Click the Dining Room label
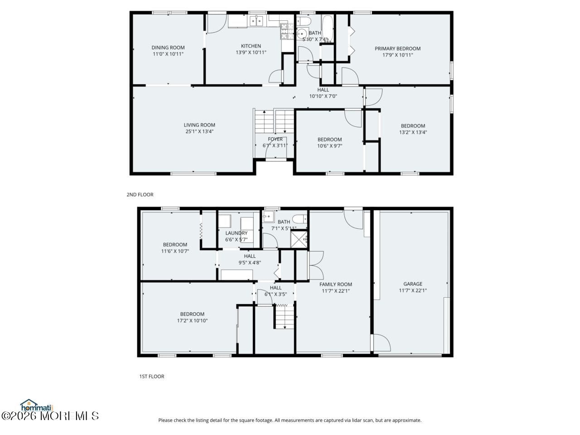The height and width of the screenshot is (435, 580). tap(168, 48)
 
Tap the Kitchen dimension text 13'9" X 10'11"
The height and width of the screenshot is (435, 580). tap(251, 53)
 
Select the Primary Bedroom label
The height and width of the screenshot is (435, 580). tap(397, 48)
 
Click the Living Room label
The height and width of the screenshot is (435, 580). tap(199, 125)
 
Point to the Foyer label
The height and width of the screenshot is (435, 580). tap(275, 139)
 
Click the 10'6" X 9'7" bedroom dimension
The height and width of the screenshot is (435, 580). tap(329, 146)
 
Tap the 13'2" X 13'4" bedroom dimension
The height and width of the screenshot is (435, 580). tap(413, 132)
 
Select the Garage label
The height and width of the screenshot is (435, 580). tap(413, 284)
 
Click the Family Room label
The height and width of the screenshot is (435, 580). tap(336, 285)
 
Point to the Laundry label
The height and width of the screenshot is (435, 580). tap(237, 233)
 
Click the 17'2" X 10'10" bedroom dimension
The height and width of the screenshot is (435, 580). tap(192, 320)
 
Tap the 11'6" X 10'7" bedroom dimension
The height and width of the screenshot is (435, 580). tap(175, 251)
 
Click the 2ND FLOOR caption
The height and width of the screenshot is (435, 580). tap(140, 195)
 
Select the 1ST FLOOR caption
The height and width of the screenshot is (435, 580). tap(152, 377)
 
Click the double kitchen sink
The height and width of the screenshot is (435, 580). tap(256, 21)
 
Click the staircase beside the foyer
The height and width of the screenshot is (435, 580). tap(274, 121)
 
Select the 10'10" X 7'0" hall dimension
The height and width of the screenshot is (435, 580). tap(323, 96)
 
